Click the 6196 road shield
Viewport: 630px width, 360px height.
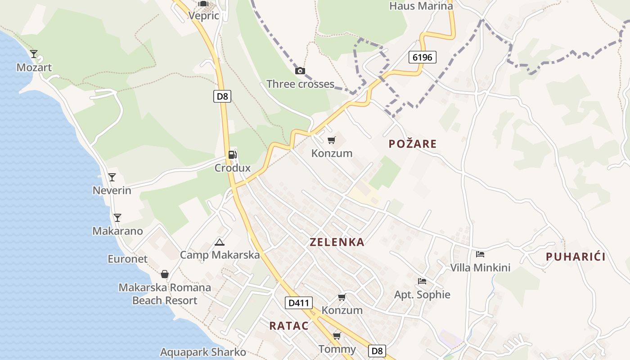click(x=423, y=57)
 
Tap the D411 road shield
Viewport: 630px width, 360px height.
click(x=299, y=303)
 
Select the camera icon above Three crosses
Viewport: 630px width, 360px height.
click(x=300, y=71)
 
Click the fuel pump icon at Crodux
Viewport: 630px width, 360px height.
click(x=232, y=155)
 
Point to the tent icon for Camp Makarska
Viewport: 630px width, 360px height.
click(x=220, y=242)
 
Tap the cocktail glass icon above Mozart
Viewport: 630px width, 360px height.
click(x=34, y=54)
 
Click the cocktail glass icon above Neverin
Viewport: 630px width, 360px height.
click(x=112, y=177)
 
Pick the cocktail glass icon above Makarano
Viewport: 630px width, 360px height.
click(x=117, y=218)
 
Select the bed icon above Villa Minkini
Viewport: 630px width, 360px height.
click(x=480, y=254)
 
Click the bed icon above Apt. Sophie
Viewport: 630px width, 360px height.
click(x=422, y=281)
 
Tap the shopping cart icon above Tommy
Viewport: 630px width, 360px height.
click(x=337, y=336)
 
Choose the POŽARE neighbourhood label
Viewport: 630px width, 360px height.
click(x=413, y=144)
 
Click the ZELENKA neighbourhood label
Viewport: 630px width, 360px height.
click(x=337, y=242)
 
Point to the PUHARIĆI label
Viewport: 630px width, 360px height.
click(x=576, y=257)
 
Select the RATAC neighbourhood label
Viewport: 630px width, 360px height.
click(x=289, y=326)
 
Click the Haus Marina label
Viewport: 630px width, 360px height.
click(x=421, y=6)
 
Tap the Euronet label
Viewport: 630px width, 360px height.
click(x=127, y=259)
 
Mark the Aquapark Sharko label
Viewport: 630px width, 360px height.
click(x=203, y=352)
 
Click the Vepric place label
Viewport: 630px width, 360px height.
click(x=204, y=16)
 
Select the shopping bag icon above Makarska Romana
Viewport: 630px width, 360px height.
click(x=165, y=274)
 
